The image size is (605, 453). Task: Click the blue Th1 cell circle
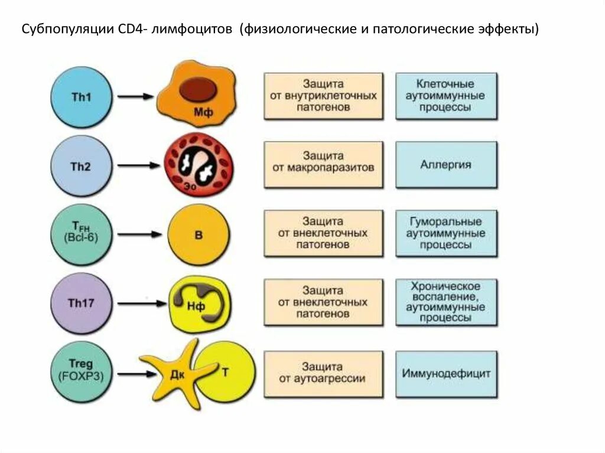tap(80, 96)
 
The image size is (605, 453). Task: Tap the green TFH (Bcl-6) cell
tap(80, 234)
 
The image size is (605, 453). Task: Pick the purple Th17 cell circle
tap(80, 304)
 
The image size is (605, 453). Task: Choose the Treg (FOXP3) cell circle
tap(80, 371)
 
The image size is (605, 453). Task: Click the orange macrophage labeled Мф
tap(196, 97)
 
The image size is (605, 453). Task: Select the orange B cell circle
tap(199, 234)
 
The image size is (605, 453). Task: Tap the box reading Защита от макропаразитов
tap(323, 162)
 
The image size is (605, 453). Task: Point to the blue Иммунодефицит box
tap(446, 373)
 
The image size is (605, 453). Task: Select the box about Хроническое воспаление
tap(446, 302)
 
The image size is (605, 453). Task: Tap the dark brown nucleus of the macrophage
tap(197, 90)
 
